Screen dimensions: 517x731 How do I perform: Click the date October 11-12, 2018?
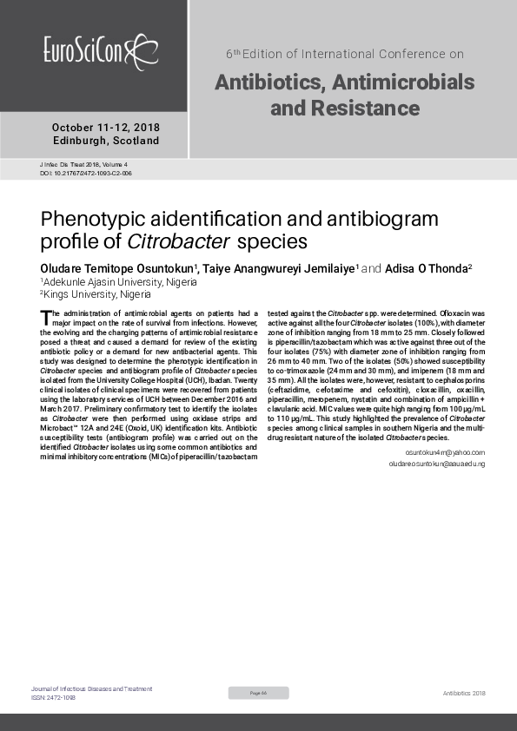tap(106, 127)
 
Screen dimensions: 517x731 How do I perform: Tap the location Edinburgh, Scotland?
tap(106, 141)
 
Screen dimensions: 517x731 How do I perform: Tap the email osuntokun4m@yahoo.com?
tap(445, 452)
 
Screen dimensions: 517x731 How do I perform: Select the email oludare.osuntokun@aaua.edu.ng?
tap(436, 464)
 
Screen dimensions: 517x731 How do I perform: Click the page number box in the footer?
tap(258, 692)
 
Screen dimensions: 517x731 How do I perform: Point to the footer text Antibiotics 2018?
tap(464, 693)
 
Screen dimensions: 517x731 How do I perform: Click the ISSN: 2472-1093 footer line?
tap(53, 697)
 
